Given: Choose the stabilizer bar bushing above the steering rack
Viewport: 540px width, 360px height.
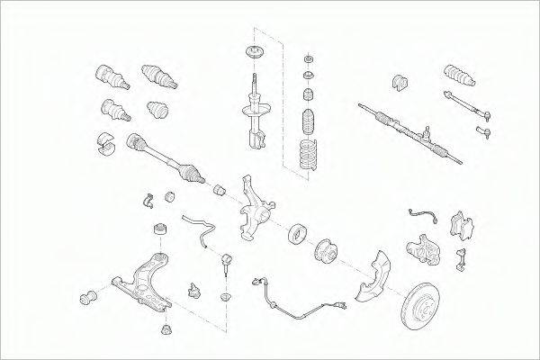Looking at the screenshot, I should pos(399,84).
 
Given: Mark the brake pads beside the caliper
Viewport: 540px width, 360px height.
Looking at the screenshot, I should pos(464,226).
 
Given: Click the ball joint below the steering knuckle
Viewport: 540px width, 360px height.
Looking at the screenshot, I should pos(227,262).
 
